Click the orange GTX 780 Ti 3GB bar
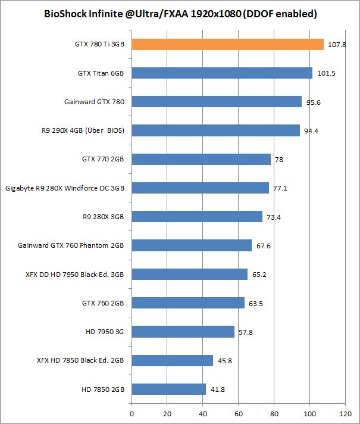pyautogui.click(x=227, y=44)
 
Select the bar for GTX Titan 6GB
pyautogui.click(x=222, y=73)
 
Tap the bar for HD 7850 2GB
pyautogui.click(x=168, y=389)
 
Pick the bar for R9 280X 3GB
pyautogui.click(x=197, y=216)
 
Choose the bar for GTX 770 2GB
pyautogui.click(x=201, y=159)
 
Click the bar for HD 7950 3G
pyautogui.click(x=183, y=332)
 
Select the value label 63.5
pyautogui.click(x=256, y=304)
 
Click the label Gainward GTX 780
pyautogui.click(x=94, y=102)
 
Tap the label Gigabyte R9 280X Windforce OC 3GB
pyautogui.click(x=65, y=188)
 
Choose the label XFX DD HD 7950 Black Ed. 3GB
pyautogui.click(x=76, y=275)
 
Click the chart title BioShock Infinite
pyautogui.click(x=180, y=13)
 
